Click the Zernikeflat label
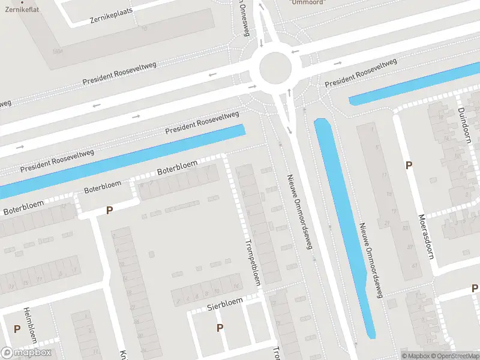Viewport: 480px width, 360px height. click(x=17, y=10)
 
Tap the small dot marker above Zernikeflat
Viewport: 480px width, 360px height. click(x=22, y=2)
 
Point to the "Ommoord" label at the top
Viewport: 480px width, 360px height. click(x=307, y=2)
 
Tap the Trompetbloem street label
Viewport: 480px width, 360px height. click(x=254, y=262)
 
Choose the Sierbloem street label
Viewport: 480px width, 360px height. click(x=225, y=304)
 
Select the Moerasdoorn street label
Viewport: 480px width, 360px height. click(x=426, y=236)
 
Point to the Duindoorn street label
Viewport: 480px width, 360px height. click(x=464, y=124)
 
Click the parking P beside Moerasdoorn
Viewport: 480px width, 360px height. click(x=409, y=165)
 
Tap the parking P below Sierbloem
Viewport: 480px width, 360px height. click(x=220, y=328)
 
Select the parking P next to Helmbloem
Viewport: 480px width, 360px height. click(x=17, y=329)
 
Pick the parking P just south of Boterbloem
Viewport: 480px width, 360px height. click(x=109, y=210)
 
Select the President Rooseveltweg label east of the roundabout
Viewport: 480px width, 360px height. click(x=361, y=73)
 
